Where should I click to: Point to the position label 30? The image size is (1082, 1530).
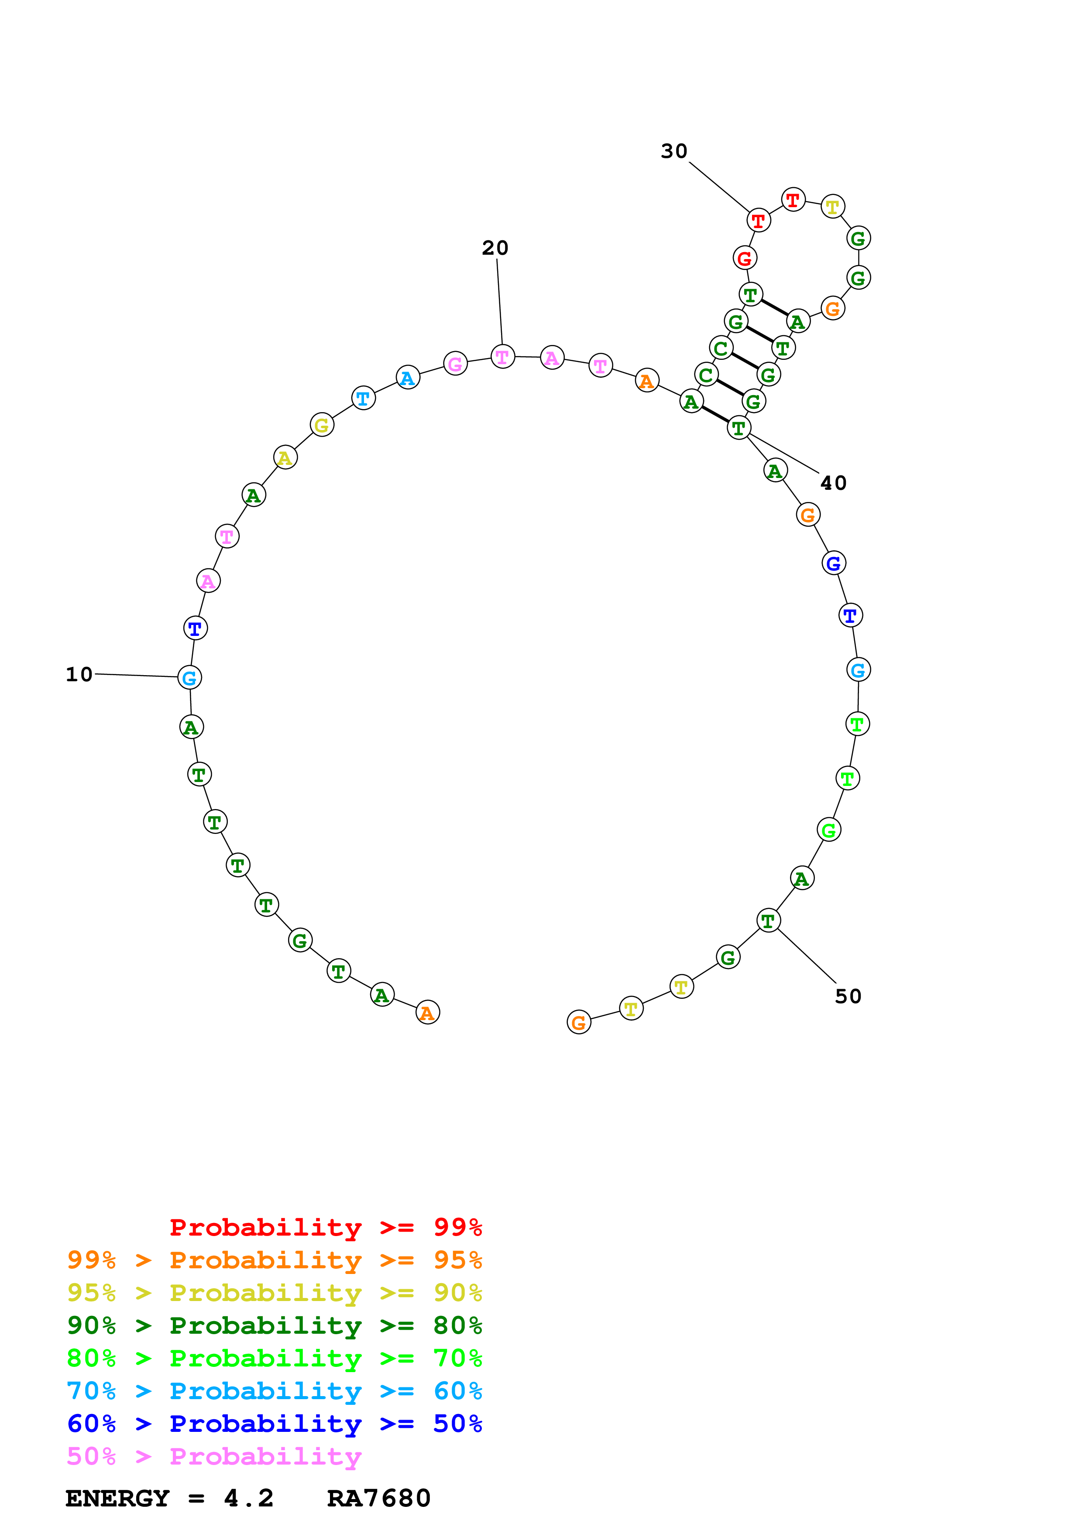click(673, 151)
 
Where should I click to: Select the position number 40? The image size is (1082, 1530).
click(833, 483)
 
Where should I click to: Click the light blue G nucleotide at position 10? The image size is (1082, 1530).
click(189, 678)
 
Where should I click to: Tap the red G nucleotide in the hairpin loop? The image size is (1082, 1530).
click(745, 258)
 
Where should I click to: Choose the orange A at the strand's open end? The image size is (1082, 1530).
click(427, 1012)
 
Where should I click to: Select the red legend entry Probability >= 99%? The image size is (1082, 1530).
click(325, 1227)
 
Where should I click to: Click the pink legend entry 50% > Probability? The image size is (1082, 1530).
click(213, 1457)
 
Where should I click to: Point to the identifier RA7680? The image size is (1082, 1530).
click(379, 1499)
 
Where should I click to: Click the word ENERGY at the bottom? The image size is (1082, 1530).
click(117, 1499)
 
